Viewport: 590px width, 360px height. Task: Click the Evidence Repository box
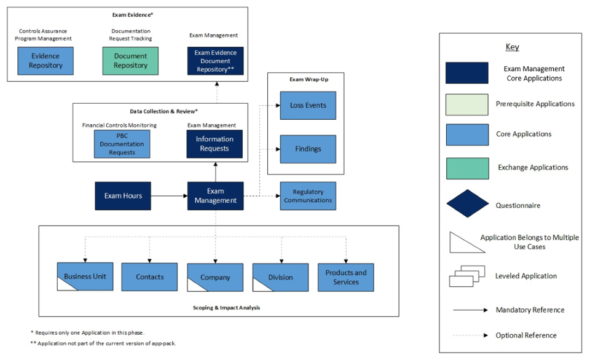click(46, 61)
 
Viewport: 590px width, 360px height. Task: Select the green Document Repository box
click(130, 61)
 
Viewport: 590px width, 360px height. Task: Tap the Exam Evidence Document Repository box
click(215, 61)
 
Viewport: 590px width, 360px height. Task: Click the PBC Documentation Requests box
click(122, 144)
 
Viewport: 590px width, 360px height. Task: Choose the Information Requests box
click(214, 144)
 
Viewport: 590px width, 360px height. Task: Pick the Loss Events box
click(308, 106)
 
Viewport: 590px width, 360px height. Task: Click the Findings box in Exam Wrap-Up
click(308, 149)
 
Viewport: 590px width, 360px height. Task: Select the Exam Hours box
click(123, 196)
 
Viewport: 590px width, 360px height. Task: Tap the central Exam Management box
click(215, 196)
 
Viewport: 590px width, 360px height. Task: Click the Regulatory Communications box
click(308, 196)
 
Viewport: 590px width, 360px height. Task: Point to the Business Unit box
click(85, 277)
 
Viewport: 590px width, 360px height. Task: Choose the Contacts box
click(149, 277)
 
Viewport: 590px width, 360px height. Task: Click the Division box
click(280, 277)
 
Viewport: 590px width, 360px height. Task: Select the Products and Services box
click(345, 277)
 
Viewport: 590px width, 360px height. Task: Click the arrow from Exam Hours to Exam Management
click(169, 196)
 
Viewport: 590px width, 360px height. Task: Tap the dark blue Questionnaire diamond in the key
click(466, 203)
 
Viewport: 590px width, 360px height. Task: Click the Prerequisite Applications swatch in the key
click(466, 104)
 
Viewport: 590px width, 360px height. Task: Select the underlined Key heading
click(512, 48)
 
